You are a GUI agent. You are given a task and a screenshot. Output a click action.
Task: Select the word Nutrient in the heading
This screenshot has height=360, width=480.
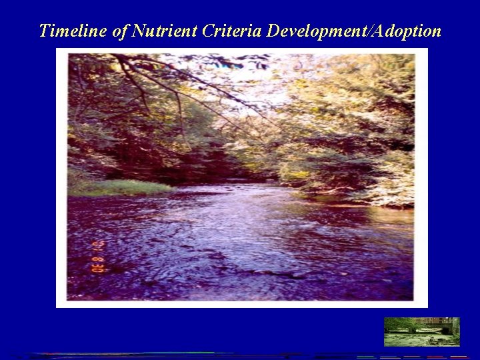tap(155, 31)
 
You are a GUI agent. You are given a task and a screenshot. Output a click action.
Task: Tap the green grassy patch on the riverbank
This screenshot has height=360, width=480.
tap(120, 187)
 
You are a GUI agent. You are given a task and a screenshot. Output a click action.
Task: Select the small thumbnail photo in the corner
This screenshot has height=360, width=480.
tap(421, 331)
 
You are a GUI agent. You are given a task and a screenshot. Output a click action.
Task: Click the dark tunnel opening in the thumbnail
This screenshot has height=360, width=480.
tap(445, 329)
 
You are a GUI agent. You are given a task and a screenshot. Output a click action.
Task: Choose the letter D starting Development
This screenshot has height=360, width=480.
tap(273, 31)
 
